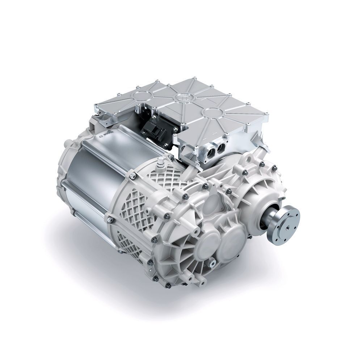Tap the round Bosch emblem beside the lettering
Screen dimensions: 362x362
point(101,137)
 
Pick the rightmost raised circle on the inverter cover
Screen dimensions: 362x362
point(212,113)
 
